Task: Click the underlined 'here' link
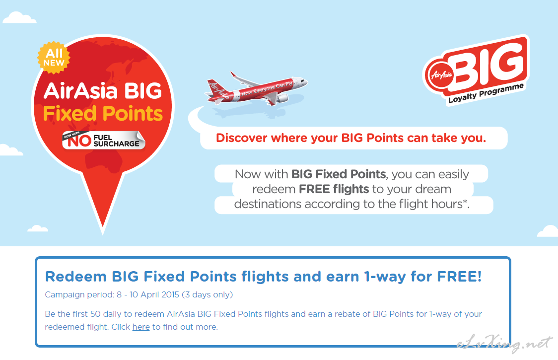[x=141, y=327]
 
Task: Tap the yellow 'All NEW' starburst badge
[x=54, y=58]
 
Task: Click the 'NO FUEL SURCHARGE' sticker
[x=104, y=141]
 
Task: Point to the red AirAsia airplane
[x=256, y=89]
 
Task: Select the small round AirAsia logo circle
[x=441, y=75]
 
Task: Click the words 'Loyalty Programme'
[x=486, y=93]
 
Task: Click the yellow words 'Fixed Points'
[x=103, y=114]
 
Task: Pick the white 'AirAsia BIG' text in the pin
[x=103, y=91]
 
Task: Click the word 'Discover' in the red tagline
[x=242, y=138]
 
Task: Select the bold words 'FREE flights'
[x=334, y=189]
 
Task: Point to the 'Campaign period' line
[x=139, y=295]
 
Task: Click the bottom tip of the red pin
[x=102, y=234]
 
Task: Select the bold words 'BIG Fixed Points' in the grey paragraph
[x=339, y=174]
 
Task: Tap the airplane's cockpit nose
[x=304, y=82]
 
